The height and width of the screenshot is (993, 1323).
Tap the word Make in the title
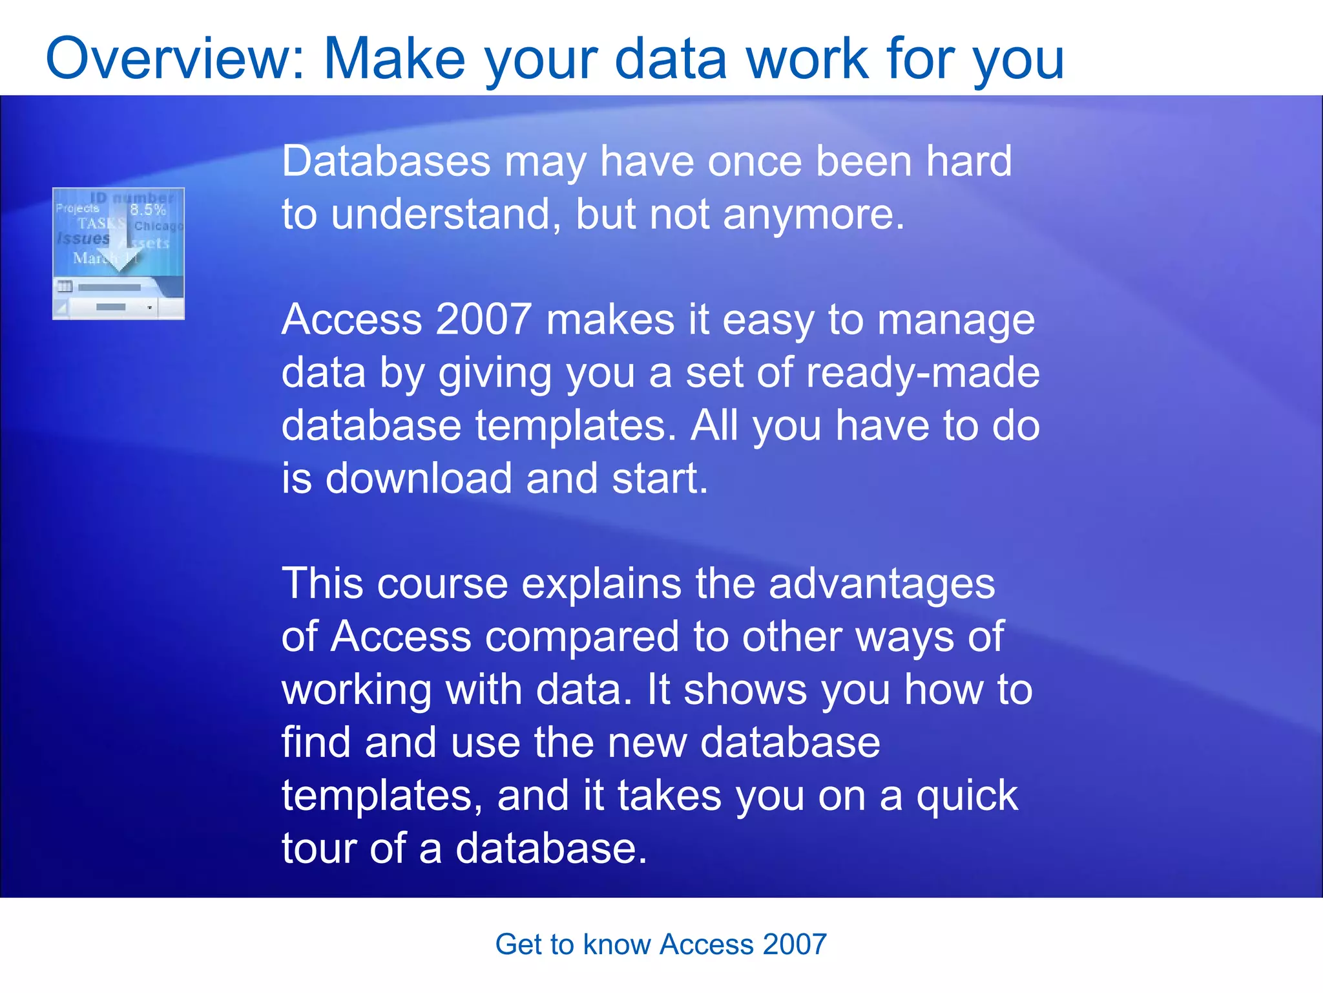[394, 59]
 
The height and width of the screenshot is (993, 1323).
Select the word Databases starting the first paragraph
[386, 161]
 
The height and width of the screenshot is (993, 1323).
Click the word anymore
[813, 215]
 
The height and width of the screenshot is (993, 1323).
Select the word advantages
[882, 584]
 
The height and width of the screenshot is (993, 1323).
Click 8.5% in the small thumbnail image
[148, 209]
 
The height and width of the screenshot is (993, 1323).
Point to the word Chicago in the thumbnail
[158, 226]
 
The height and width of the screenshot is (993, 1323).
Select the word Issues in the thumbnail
[83, 239]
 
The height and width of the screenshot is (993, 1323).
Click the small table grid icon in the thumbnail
[65, 286]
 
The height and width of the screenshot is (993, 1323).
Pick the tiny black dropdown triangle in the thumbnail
[149, 308]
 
